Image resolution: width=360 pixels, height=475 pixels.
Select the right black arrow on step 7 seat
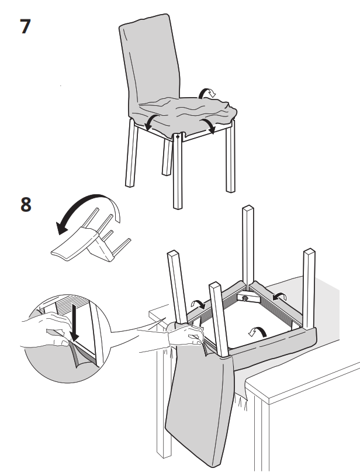tap(209, 124)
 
